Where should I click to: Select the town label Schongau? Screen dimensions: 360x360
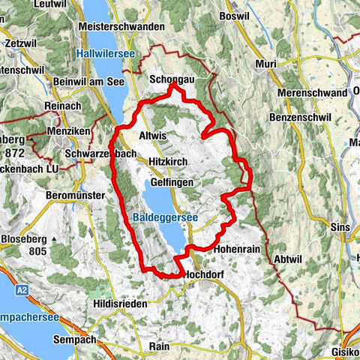(x=172, y=77)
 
